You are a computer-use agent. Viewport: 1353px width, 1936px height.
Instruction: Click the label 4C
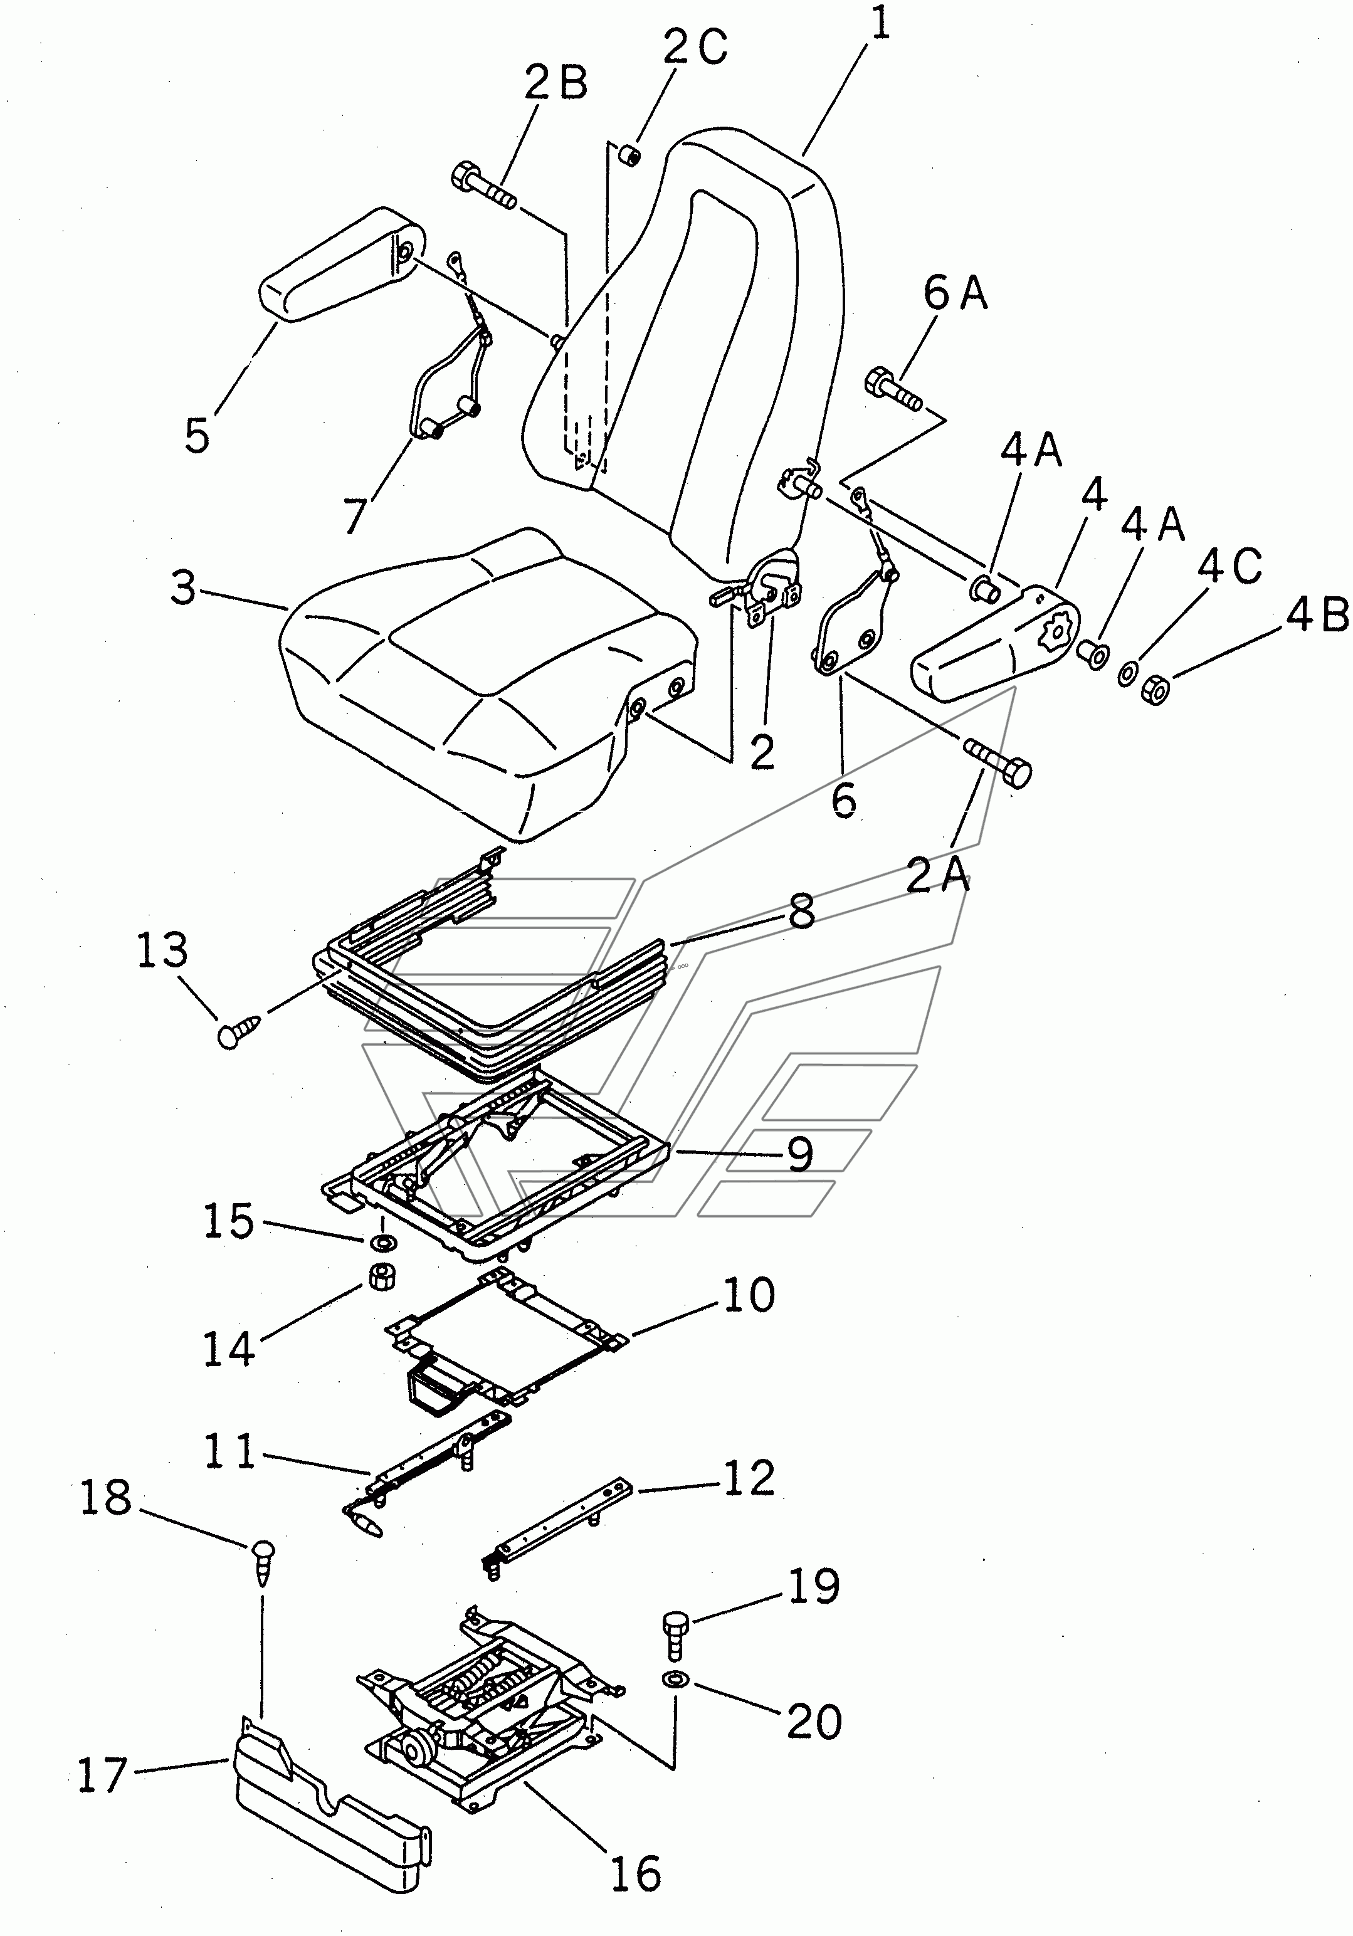(1231, 565)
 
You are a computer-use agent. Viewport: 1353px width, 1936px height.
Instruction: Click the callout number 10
(749, 1295)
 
